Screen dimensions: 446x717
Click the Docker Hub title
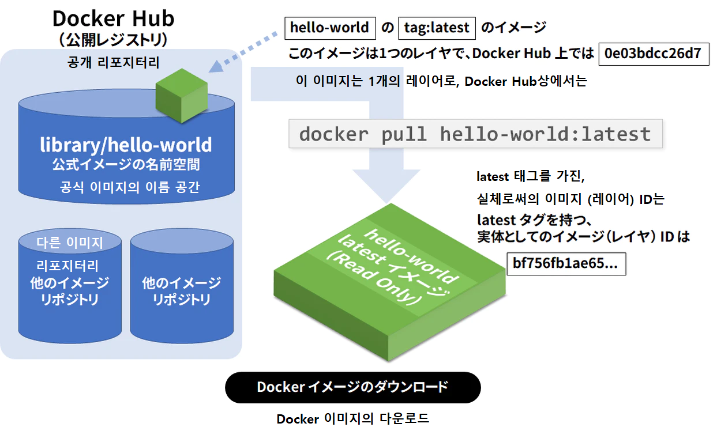113,18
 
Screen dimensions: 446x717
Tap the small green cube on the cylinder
181,95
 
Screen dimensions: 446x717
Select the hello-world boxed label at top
329,28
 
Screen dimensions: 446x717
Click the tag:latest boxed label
436,28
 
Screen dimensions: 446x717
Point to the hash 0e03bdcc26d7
652,54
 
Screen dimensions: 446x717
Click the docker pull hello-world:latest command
475,134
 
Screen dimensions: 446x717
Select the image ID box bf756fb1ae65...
565,264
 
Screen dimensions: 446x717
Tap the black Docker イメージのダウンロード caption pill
352,387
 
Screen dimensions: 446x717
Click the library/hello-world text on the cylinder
126,145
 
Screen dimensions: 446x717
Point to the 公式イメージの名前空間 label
126,165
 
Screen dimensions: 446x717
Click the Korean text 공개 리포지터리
113,62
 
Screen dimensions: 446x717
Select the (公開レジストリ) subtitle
113,40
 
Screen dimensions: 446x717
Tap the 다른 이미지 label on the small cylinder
69,243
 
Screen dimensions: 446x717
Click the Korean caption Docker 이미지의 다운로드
352,419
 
